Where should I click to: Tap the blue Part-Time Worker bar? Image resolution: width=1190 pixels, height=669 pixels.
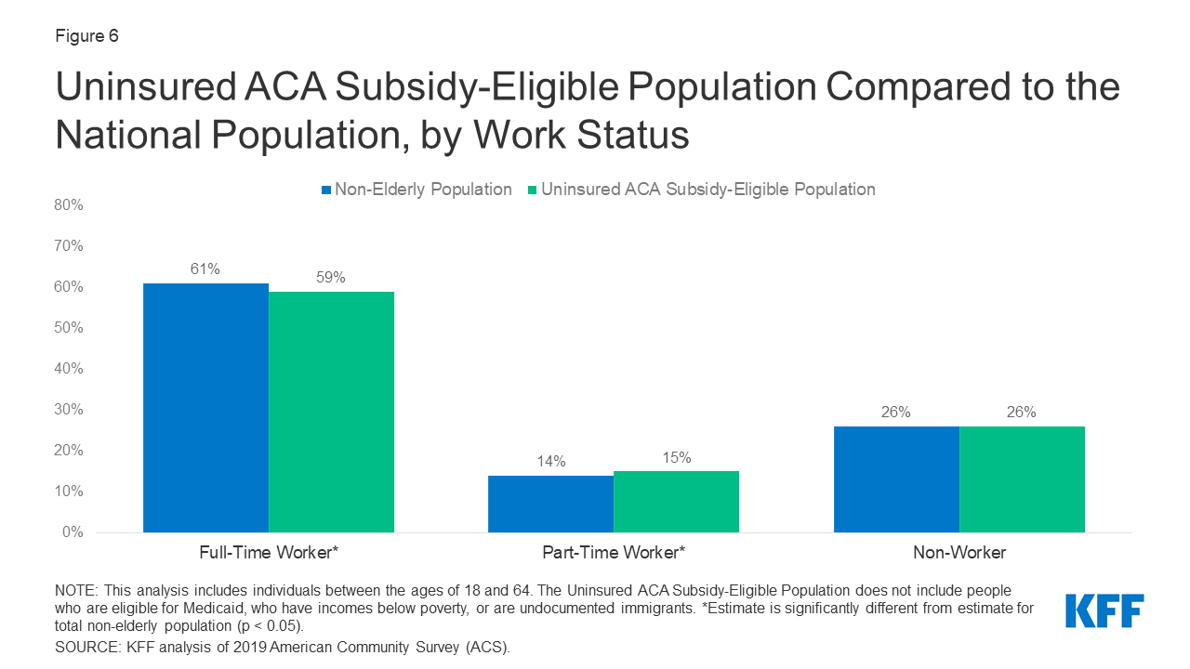550,504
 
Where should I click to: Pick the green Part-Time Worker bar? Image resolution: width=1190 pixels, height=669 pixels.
676,502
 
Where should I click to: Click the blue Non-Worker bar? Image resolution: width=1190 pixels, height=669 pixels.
896,479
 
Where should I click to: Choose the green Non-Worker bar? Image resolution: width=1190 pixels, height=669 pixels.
1022,479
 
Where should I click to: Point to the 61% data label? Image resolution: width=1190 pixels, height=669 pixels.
205,269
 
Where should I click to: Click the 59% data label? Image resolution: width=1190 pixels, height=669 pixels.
331,278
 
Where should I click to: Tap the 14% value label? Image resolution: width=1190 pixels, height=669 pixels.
550,462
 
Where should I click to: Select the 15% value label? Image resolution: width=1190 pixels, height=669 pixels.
676,457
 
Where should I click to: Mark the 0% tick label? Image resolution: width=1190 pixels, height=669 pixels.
72,532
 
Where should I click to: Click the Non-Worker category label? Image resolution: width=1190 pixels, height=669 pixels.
959,553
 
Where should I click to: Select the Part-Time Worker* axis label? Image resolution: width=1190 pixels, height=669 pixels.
614,553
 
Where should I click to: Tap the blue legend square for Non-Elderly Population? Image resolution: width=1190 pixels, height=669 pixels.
326,190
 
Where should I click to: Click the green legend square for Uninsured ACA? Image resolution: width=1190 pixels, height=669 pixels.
533,190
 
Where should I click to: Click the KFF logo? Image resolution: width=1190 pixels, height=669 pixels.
1104,611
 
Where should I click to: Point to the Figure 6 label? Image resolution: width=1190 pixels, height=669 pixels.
86,36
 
